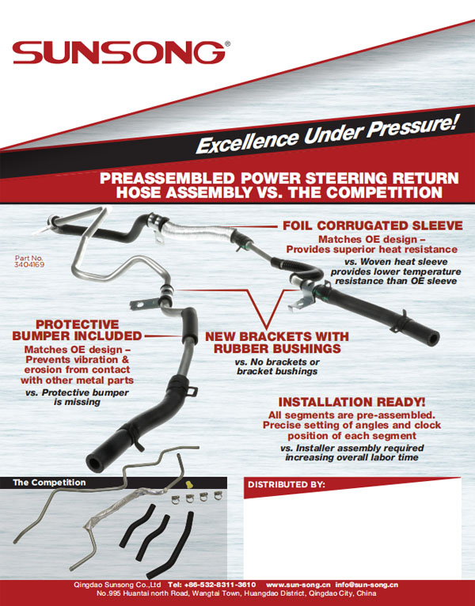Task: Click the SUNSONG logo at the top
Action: [120, 53]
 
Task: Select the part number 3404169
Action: [30, 267]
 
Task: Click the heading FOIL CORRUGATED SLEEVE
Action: [372, 225]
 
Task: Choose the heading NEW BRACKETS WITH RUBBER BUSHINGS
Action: [272, 342]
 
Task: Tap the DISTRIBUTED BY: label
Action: [287, 484]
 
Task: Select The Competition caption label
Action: [49, 482]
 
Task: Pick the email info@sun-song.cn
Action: [367, 584]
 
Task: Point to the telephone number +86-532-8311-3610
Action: [222, 584]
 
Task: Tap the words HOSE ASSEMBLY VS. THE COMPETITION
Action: [278, 192]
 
